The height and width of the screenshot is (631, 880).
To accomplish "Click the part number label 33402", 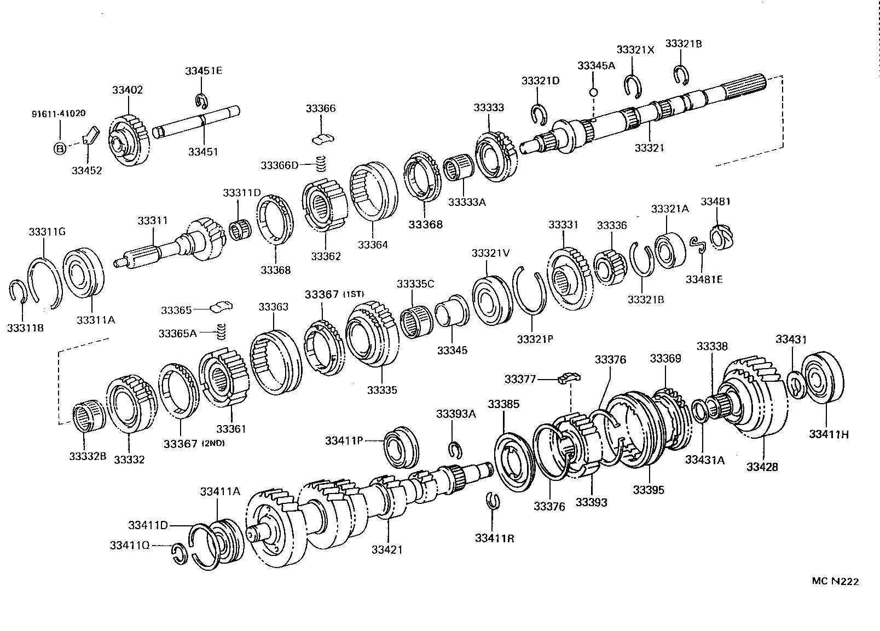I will pos(128,90).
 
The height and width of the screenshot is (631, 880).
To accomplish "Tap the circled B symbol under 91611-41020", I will pos(59,148).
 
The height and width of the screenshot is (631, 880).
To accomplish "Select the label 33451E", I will pos(203,71).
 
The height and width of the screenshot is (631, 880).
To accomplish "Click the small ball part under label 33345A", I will pos(593,92).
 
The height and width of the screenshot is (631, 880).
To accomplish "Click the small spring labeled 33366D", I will pos(323,163).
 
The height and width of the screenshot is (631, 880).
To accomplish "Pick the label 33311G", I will pos(47,232).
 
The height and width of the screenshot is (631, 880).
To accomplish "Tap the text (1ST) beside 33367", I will pos(354,295).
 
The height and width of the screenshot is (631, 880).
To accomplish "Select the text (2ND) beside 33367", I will pos(213,443).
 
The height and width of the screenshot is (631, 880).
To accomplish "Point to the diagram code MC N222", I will pos(835,581).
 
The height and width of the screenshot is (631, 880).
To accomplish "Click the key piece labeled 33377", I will pos(569,377).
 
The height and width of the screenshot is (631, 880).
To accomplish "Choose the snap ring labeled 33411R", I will pos(493,501).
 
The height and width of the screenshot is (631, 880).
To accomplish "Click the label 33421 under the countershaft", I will pos(387,549).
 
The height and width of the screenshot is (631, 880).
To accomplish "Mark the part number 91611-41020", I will pos(57,114).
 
